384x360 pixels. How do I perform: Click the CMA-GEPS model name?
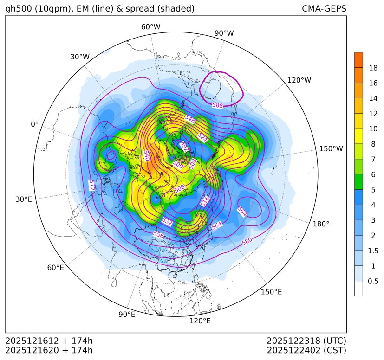point(324,9)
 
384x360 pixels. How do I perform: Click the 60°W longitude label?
point(150,27)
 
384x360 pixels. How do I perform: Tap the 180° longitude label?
point(321,224)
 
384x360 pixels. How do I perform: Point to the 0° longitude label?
point(34,124)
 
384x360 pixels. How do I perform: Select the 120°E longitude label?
point(200,321)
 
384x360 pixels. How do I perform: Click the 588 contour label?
point(217,106)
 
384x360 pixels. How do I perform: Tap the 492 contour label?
point(184,146)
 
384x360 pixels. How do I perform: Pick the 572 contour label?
point(91,185)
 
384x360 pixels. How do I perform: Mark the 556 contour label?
point(158,235)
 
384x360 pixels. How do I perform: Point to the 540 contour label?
point(146,155)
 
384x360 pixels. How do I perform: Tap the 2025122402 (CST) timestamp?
point(306,350)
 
